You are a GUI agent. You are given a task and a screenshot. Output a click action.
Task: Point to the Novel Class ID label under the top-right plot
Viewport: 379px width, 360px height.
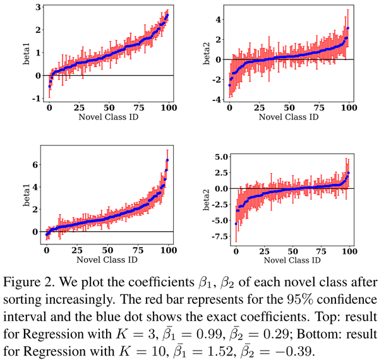[288, 117]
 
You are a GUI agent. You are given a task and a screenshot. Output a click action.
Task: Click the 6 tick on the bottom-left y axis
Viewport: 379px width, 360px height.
[35, 165]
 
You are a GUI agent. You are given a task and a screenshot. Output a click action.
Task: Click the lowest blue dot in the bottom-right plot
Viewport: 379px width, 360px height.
[236, 224]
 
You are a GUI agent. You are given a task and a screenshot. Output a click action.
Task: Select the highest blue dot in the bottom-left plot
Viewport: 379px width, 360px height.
[167, 160]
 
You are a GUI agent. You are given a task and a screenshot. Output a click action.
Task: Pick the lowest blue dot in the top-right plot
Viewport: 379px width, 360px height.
[229, 85]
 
